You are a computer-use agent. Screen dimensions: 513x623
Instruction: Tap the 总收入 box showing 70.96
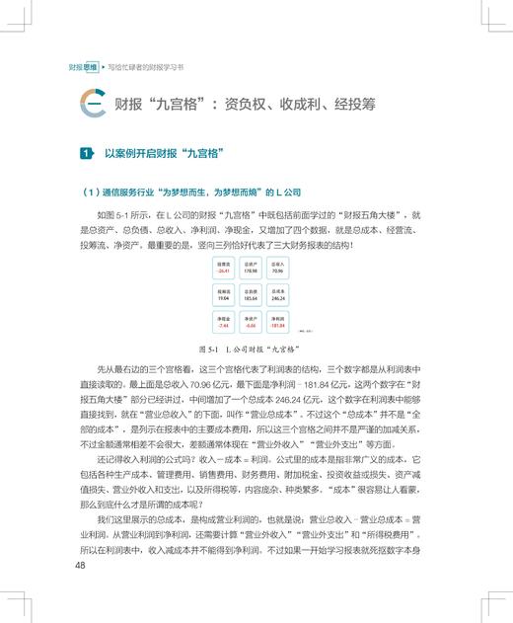pos(276,268)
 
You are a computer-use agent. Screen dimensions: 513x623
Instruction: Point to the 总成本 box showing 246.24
pos(276,294)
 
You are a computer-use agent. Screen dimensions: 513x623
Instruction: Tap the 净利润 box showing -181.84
pos(276,321)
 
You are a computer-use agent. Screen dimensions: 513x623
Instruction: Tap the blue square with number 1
pos(87,153)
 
